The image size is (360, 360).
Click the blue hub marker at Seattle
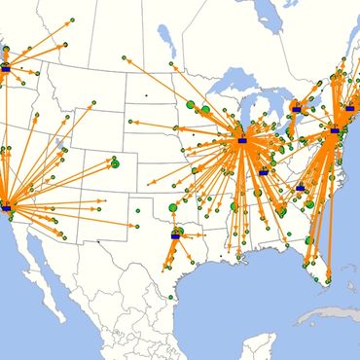point(6,70)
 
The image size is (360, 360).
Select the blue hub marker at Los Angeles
point(6,207)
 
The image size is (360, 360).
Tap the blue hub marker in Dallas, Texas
point(176,234)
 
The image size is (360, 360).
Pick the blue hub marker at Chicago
point(242,141)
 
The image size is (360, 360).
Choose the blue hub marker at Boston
point(350,109)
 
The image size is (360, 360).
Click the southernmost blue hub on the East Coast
point(301,188)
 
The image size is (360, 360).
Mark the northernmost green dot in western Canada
point(73,19)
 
